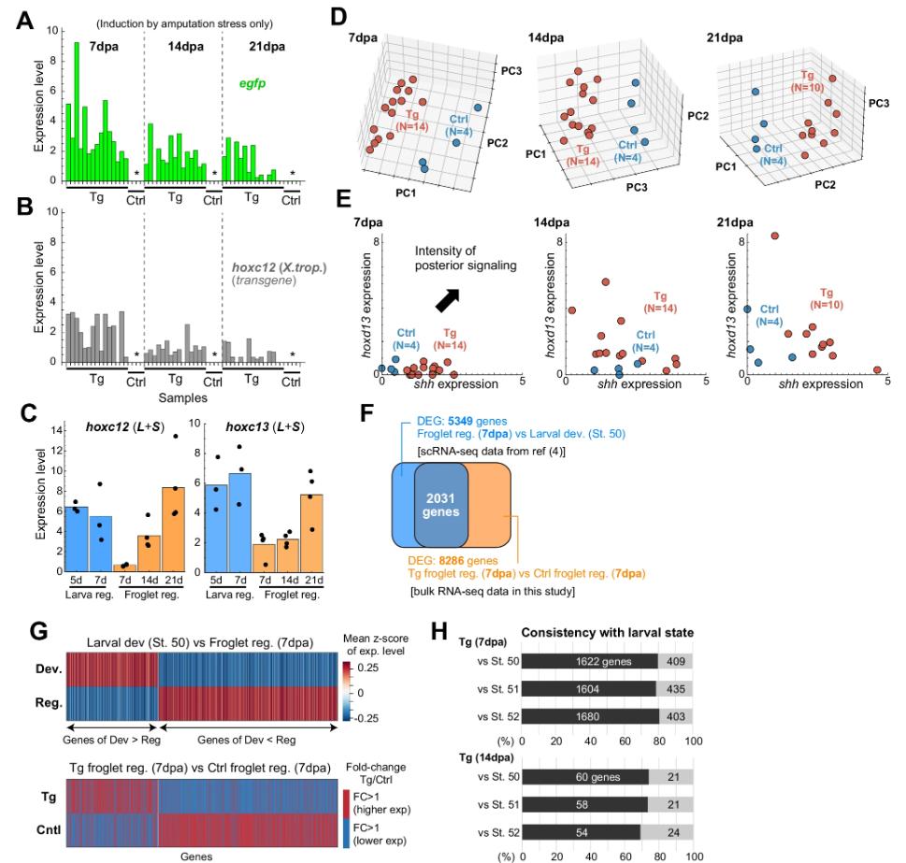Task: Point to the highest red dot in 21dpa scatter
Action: tap(774, 236)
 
